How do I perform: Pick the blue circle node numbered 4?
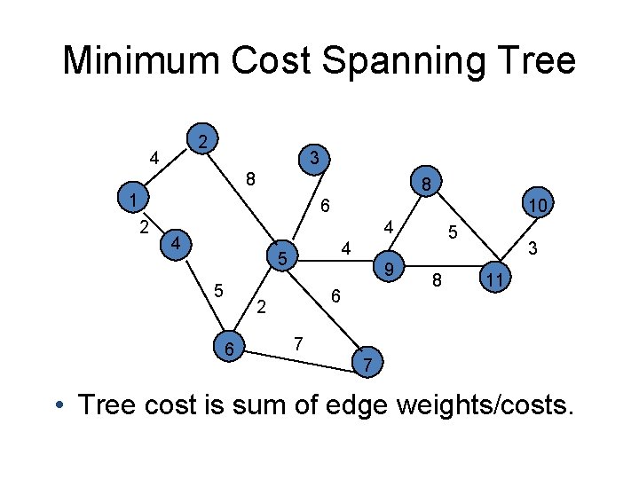tap(177, 242)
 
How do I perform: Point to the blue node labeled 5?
tap(281, 259)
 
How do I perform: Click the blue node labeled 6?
tap(230, 350)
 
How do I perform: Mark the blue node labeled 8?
tap(427, 185)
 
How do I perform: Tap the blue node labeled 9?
tap(388, 266)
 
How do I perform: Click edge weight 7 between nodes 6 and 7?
tap(299, 342)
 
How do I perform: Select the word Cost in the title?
tap(279, 61)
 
